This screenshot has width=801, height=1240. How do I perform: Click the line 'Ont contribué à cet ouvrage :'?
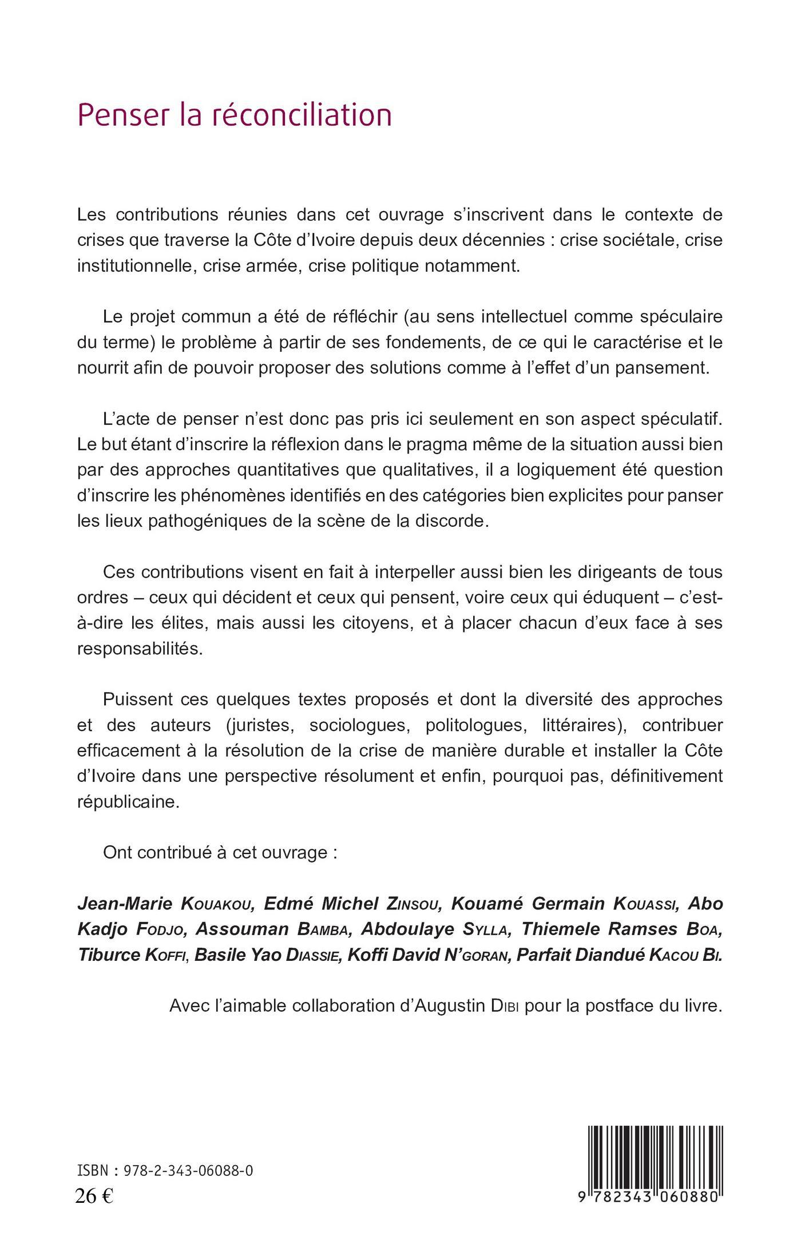220,853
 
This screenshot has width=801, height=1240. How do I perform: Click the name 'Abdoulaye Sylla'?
434,929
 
